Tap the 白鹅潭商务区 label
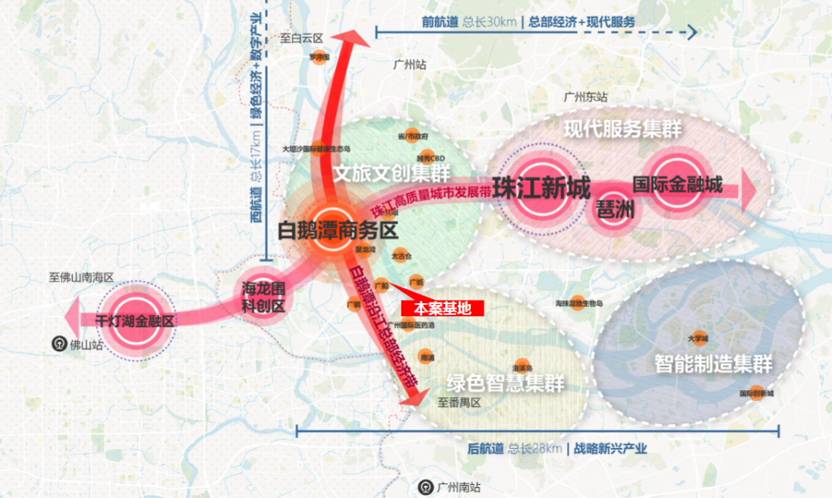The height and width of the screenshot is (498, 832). (x=337, y=230)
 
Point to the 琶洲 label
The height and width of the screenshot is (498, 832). (x=615, y=209)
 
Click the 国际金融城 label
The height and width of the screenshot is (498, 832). (x=677, y=185)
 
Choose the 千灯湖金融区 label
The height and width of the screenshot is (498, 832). (x=135, y=321)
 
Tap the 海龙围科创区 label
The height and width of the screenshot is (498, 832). (x=263, y=298)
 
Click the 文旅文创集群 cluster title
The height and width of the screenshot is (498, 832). (x=391, y=173)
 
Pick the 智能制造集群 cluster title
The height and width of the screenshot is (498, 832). (x=713, y=363)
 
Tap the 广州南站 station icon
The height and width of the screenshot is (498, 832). (x=424, y=486)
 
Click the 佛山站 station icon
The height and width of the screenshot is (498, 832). (x=59, y=344)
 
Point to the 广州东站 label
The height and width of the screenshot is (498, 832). (x=585, y=98)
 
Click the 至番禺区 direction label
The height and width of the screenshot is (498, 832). (x=459, y=403)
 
